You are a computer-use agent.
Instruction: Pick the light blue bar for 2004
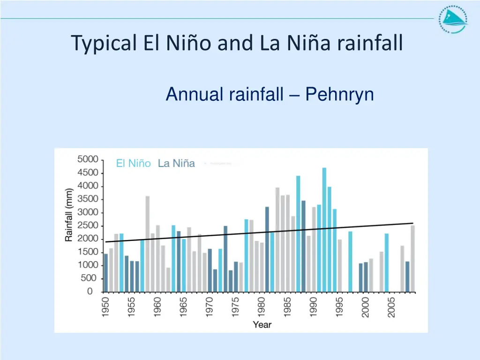pos(387,262)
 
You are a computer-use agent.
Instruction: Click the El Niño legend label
pos(134,164)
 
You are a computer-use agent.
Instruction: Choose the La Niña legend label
pos(176,164)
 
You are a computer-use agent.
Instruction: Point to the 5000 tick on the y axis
pos(88,159)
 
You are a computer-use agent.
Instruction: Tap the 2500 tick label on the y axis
pos(88,225)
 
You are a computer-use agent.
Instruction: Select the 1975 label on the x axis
pos(236,307)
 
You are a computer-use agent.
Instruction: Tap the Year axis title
pos(262,324)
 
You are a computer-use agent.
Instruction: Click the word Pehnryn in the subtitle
pos(339,95)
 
